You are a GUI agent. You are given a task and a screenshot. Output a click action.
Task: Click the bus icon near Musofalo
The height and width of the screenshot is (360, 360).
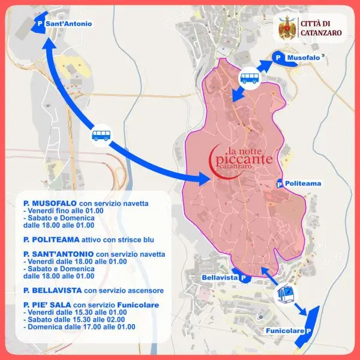[249, 77]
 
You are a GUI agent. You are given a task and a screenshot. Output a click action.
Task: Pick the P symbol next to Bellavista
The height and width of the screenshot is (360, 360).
[244, 278]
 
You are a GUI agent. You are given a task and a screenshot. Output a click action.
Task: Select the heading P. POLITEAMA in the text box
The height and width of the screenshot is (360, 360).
[50, 240]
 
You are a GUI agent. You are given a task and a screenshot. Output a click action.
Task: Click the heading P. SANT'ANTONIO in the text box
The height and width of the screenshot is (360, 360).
[58, 254]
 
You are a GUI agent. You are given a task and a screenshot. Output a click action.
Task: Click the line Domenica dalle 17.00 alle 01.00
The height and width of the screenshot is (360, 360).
[80, 327]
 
